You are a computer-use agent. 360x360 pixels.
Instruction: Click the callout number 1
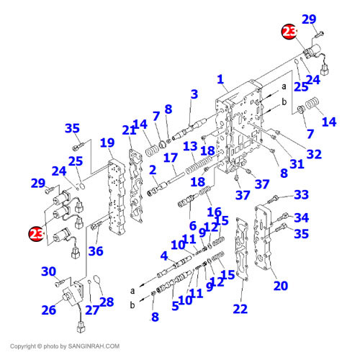click(x=220, y=79)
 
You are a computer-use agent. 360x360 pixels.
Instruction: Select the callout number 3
click(x=194, y=94)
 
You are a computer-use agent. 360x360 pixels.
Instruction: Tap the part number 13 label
click(x=190, y=146)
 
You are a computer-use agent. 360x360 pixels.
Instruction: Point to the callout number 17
click(x=171, y=158)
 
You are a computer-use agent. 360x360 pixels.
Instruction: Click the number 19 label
click(x=107, y=143)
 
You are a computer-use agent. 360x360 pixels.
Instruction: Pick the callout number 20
click(x=281, y=286)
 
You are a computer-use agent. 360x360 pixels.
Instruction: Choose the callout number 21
click(x=129, y=130)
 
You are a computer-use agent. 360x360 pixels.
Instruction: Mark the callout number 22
click(x=240, y=309)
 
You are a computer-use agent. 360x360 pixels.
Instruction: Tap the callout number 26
click(x=49, y=310)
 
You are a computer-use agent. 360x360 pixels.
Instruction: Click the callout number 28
click(x=107, y=302)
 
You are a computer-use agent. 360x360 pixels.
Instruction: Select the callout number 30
click(x=49, y=271)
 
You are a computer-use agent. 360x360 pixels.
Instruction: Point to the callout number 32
click(x=314, y=154)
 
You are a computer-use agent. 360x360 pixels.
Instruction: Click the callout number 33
click(x=302, y=194)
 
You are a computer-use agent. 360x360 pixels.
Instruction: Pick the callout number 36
click(x=96, y=251)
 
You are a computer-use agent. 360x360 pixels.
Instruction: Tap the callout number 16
click(x=214, y=212)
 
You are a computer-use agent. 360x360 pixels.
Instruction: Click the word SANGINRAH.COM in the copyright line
click(x=94, y=346)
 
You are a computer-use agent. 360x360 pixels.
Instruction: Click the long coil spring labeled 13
click(x=199, y=164)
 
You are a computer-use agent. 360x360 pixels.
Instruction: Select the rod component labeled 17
click(x=176, y=178)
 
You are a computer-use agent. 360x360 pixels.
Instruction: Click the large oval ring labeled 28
click(x=97, y=279)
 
